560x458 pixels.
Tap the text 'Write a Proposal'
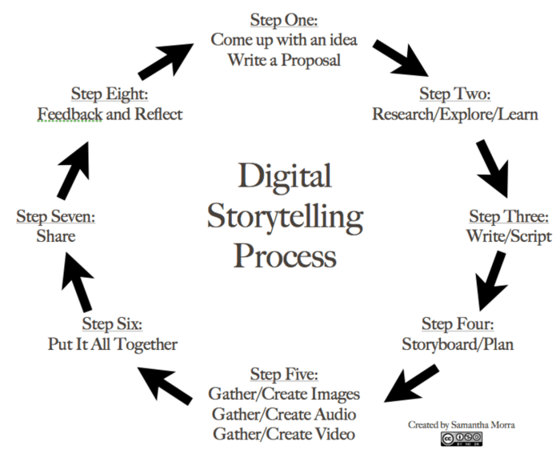pos(285,59)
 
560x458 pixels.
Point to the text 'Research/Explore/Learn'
pos(454,114)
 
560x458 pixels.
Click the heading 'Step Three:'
pos(508,216)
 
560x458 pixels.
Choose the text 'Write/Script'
pos(509,237)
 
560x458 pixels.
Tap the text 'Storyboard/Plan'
pos(457,346)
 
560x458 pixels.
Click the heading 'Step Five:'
pos(284,373)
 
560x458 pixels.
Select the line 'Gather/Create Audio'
pos(284,414)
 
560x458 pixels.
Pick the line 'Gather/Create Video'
pos(284,435)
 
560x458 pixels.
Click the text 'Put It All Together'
pos(113,344)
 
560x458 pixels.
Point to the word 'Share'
pos(55,237)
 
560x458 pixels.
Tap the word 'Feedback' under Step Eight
pos(70,114)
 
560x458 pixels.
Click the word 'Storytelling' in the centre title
pos(285,216)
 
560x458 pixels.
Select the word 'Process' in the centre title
pos(285,256)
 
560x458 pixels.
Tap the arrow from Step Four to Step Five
pos(411,383)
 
